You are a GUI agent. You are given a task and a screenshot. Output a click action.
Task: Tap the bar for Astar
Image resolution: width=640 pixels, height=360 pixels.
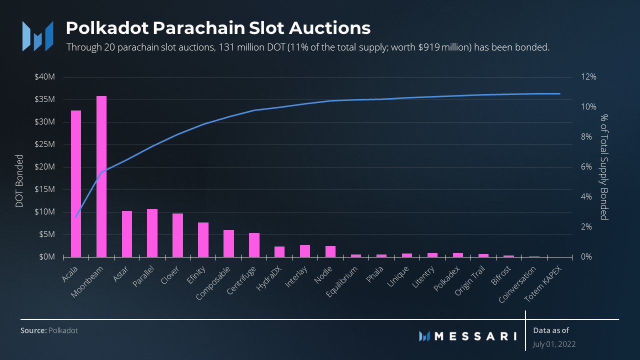127,234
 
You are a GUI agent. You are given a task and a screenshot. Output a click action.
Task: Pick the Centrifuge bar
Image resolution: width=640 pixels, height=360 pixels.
254,245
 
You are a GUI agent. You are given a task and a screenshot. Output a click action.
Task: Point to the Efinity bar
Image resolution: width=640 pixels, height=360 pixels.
203,239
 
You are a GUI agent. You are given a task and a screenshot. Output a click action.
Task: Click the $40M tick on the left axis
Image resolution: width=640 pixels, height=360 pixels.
45,77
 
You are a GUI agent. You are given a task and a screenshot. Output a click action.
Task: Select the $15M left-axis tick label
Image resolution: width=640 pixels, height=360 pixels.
45,189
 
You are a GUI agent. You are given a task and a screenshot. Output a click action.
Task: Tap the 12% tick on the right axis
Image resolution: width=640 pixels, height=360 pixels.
588,77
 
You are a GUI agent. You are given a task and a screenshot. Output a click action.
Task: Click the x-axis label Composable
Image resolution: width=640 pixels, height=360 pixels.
214,283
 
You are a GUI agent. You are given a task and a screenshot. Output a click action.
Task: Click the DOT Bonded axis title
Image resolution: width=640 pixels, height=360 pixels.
19,181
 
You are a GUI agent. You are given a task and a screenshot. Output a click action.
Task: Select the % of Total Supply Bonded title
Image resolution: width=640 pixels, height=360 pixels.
604,167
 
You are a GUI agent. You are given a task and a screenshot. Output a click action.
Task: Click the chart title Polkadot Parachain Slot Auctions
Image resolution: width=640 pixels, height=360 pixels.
218,28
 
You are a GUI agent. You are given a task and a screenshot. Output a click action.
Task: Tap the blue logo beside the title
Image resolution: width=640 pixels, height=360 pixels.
37,35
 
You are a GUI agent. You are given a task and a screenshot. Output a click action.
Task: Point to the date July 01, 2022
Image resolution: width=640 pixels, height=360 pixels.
554,344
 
